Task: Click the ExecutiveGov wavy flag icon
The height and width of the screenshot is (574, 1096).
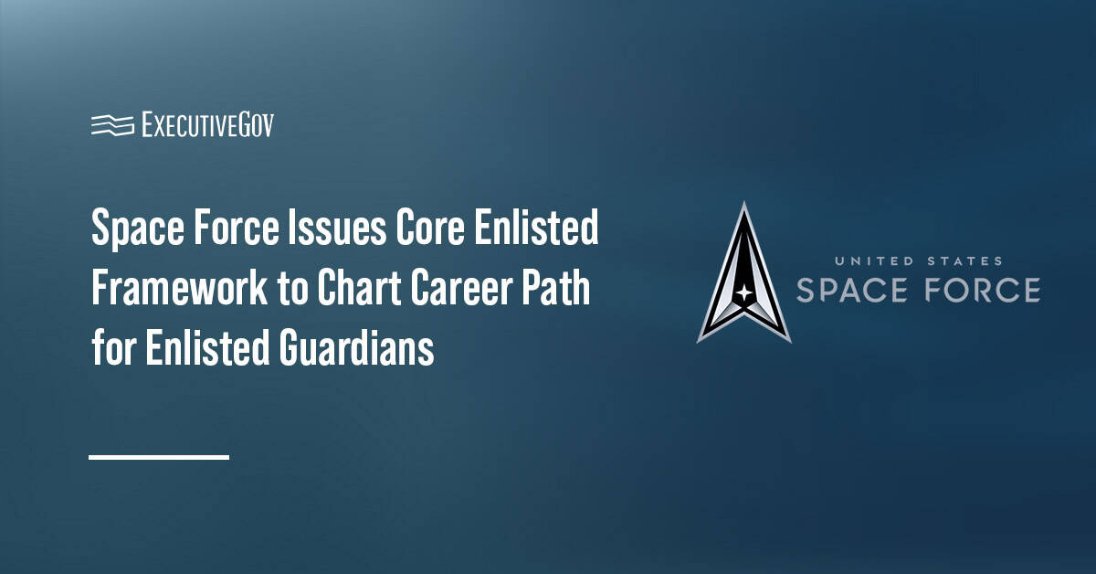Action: [x=111, y=124]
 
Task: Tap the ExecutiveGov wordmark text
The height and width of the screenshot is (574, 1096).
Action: [x=207, y=124]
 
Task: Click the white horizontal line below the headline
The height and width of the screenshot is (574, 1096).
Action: [x=159, y=456]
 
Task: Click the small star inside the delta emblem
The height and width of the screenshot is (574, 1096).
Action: [x=743, y=294]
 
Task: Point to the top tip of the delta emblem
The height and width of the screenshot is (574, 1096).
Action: [x=744, y=205]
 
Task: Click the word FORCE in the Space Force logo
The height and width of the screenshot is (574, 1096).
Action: [x=981, y=290]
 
